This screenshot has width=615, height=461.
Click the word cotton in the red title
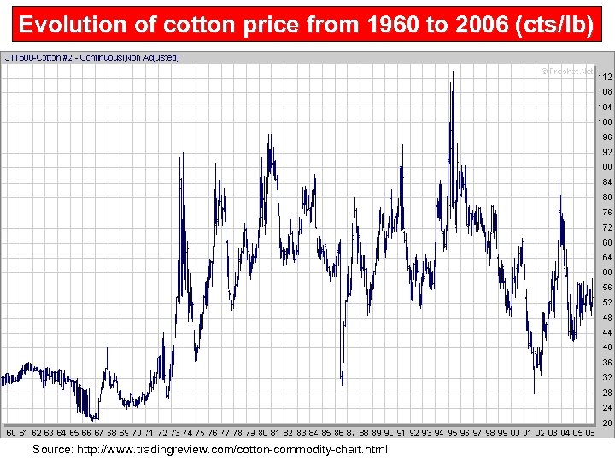click(x=174, y=25)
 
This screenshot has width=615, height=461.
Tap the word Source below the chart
click(x=55, y=449)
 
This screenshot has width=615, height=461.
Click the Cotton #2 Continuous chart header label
click(x=92, y=58)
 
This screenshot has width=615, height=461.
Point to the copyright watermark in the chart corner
click(x=565, y=71)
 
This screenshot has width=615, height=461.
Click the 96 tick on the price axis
click(x=606, y=137)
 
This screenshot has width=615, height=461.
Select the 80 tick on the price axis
click(x=606, y=197)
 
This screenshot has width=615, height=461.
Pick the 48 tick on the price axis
click(x=606, y=318)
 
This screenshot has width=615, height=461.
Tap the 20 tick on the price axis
click(x=606, y=423)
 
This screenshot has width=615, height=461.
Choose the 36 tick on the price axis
click(x=606, y=363)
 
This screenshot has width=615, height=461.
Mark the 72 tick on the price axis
click(x=606, y=227)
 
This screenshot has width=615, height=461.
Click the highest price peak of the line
click(x=452, y=72)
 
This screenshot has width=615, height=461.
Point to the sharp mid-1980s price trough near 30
click(x=342, y=384)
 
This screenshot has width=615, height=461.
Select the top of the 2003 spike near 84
click(x=560, y=180)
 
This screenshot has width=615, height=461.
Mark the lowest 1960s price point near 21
click(x=92, y=419)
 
